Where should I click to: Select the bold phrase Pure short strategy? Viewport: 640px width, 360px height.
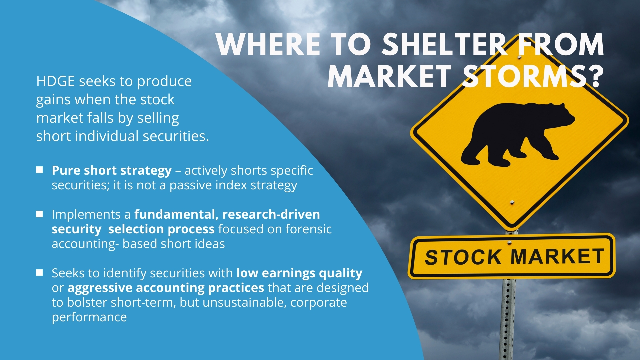[x=112, y=171]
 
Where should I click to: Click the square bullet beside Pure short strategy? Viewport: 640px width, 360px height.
[x=39, y=170]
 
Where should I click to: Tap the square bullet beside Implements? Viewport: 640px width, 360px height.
[x=39, y=214]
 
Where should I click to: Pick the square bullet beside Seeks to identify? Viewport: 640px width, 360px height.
[x=39, y=273]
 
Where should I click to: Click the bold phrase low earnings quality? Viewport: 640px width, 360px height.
[x=299, y=273]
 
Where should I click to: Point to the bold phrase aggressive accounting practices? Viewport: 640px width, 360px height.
[x=166, y=288]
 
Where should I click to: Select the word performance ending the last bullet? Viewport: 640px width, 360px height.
[x=89, y=317]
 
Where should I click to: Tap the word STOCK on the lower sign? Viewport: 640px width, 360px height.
[x=463, y=257]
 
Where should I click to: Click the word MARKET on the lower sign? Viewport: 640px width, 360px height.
[x=557, y=256]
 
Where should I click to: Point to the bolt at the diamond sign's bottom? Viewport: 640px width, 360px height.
[x=512, y=202]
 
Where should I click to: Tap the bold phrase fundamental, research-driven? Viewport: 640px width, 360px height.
[x=227, y=214]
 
